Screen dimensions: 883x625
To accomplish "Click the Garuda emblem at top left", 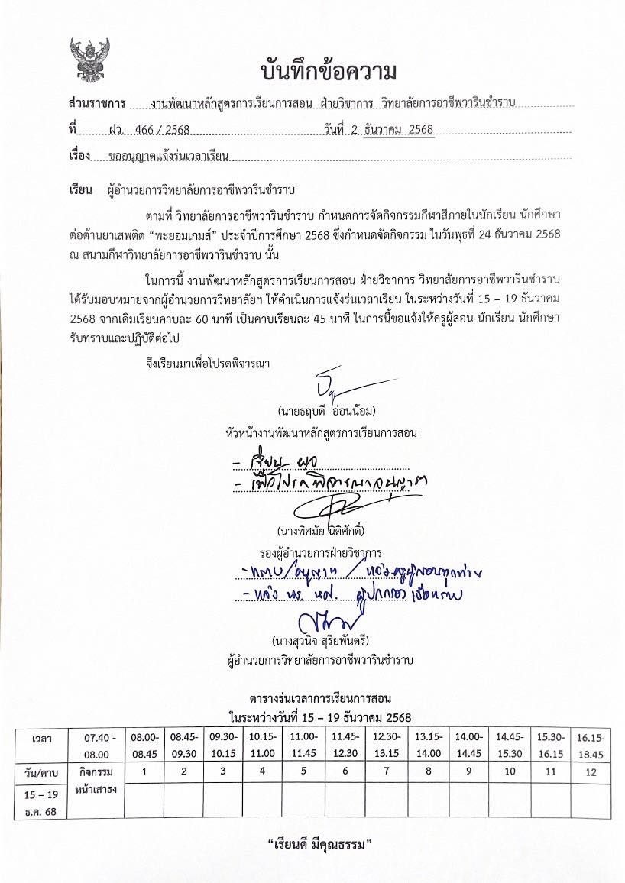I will point(89,60).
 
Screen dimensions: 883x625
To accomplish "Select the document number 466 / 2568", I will point(161,130).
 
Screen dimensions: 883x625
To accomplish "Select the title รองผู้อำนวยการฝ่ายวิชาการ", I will point(321,551).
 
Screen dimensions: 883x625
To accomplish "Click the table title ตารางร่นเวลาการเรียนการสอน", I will point(320,698).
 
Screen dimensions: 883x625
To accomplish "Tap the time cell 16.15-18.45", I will point(591,746).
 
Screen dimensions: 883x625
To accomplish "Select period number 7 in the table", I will point(380,772).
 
